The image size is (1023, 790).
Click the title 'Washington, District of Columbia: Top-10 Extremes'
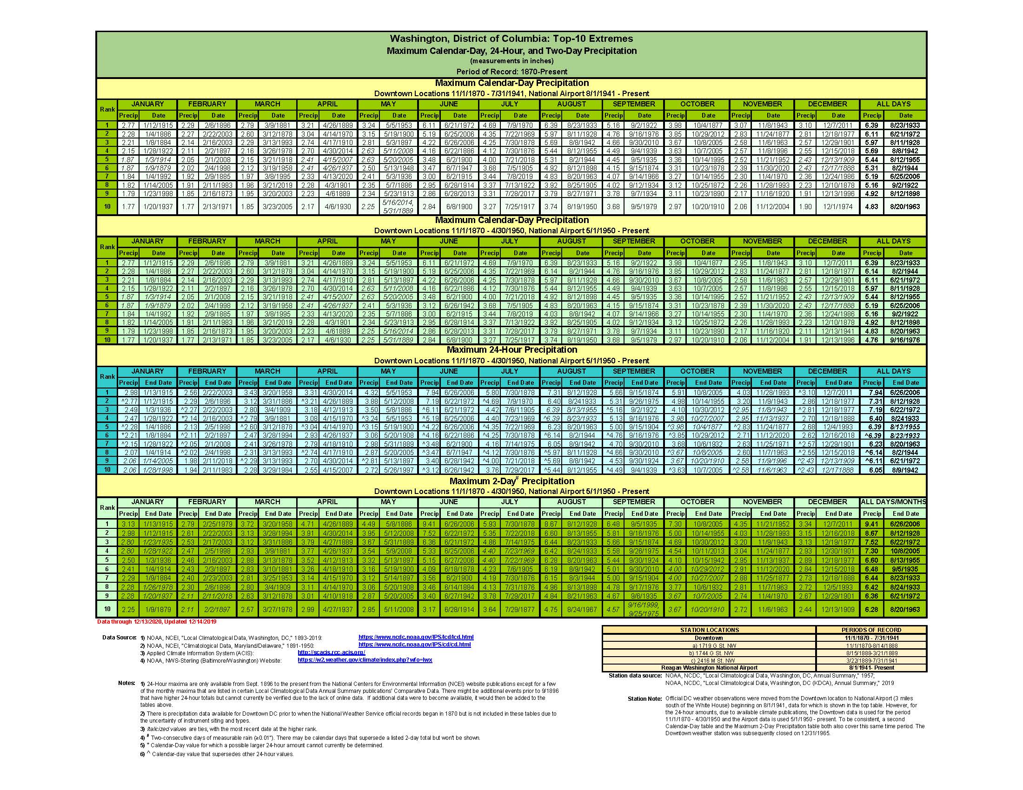(511, 39)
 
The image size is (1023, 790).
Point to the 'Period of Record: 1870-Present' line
(511, 72)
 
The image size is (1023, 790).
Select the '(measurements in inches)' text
(511, 61)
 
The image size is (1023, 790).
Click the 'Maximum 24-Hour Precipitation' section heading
(511, 350)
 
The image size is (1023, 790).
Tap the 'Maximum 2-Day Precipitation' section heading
(511, 481)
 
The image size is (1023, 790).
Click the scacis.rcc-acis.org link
(331, 652)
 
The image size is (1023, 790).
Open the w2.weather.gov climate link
(365, 660)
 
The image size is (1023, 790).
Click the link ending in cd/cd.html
(414, 645)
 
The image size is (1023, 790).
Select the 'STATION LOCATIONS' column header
(709, 630)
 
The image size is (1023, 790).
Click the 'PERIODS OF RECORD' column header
(871, 630)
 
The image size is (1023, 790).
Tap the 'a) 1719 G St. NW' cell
(709, 645)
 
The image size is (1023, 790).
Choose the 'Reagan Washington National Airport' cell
(709, 668)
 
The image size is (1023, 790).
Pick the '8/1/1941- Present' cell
(871, 668)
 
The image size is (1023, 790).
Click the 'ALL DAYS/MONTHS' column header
(893, 502)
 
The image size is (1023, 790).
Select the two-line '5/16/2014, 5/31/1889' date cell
(399, 206)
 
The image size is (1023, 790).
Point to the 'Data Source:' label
(119, 638)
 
